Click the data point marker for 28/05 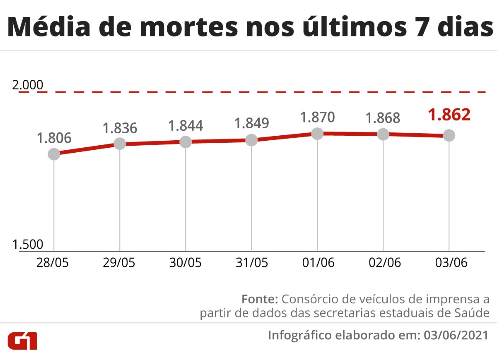[x=54, y=154]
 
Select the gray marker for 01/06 [x=317, y=134]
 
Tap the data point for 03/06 [x=449, y=135]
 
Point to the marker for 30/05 [x=186, y=142]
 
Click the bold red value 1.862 [x=449, y=115]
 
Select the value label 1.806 [x=54, y=138]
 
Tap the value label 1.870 [x=317, y=117]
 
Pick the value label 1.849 [x=252, y=123]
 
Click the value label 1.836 [x=120, y=128]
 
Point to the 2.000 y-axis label [x=28, y=85]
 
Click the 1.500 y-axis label [x=28, y=245]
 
